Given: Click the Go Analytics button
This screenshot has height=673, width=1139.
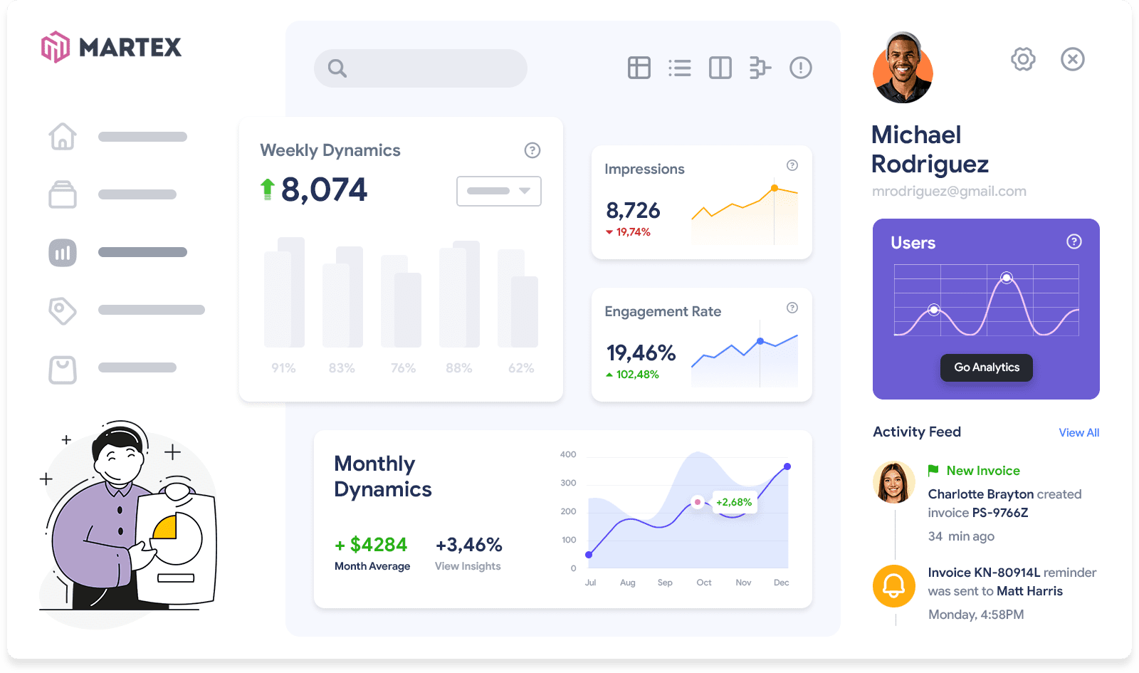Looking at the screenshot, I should (x=986, y=367).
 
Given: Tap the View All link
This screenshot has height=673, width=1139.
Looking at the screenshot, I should (x=1078, y=432).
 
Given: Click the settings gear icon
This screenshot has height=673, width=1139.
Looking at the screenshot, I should (x=1023, y=59).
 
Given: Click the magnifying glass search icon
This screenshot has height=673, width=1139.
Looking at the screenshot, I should (x=337, y=68).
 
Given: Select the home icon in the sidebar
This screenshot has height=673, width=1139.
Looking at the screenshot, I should (x=63, y=136).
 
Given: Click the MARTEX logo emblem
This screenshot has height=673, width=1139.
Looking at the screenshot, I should (x=56, y=47).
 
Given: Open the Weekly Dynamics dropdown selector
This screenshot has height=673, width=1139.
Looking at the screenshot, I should (x=498, y=191).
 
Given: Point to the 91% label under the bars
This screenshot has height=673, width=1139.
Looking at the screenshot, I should (x=283, y=368).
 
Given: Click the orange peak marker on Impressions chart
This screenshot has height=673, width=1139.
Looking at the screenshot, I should (x=775, y=188).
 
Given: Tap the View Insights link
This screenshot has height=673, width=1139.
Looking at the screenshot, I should (x=468, y=566).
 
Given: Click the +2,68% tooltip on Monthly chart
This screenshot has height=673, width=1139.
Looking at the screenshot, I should (x=733, y=502).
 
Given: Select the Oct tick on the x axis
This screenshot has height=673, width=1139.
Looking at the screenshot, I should (x=704, y=583).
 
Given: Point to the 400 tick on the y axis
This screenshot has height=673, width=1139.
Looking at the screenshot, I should (x=568, y=454).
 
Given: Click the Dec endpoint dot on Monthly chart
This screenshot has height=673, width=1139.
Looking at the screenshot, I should (x=787, y=466).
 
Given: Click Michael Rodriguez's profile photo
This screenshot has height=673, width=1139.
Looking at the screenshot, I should (x=903, y=68).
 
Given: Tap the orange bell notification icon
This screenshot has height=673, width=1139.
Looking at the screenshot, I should (x=894, y=585).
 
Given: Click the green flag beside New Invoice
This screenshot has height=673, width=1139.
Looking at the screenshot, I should (x=933, y=470).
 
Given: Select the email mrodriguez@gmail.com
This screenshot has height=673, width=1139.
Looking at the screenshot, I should (x=949, y=191).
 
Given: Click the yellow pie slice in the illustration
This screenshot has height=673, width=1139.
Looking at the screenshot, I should (x=166, y=528).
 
